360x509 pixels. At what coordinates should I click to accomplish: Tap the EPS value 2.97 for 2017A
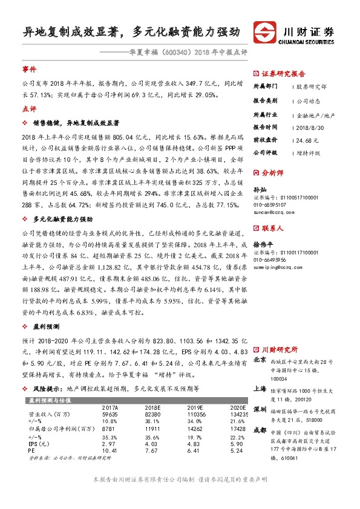tap(108, 444)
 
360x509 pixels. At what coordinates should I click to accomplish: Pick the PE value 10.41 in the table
tap(110, 451)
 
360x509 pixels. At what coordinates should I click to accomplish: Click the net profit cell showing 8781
tap(110, 429)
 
